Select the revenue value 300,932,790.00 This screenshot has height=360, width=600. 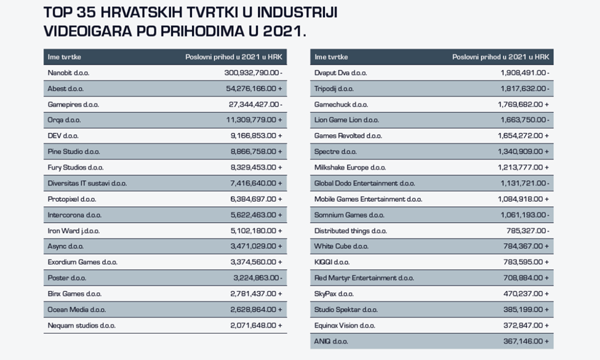click(x=251, y=73)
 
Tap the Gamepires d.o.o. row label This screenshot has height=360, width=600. click(x=73, y=105)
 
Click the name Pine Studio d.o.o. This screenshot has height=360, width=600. click(x=74, y=151)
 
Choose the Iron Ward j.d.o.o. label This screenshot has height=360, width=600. click(x=73, y=231)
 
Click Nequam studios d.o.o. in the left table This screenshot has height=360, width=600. click(x=81, y=326)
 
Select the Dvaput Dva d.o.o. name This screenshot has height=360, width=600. click(x=340, y=73)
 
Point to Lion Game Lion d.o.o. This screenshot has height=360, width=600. click(x=346, y=120)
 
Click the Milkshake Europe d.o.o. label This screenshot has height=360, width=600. click(x=350, y=167)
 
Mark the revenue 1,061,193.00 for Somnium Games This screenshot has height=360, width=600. click(x=521, y=215)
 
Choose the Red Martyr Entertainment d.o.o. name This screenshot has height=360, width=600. click(x=364, y=278)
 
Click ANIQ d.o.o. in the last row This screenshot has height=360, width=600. click(x=331, y=342)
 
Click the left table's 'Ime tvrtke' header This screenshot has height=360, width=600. click(x=64, y=57)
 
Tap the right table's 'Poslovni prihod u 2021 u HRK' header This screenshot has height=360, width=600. click(x=500, y=57)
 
